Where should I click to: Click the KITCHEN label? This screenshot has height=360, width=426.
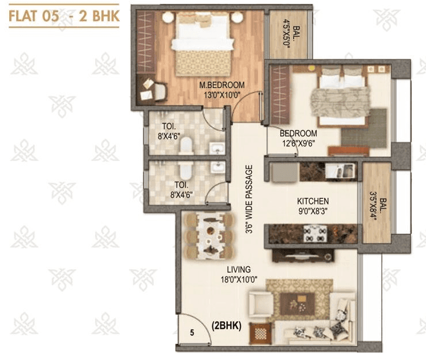313,201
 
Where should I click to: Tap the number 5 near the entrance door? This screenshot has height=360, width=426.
191,331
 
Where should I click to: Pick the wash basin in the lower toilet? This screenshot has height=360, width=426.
218,168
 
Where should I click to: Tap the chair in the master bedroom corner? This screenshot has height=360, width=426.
154,87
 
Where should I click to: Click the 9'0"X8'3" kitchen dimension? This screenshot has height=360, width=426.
313,211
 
